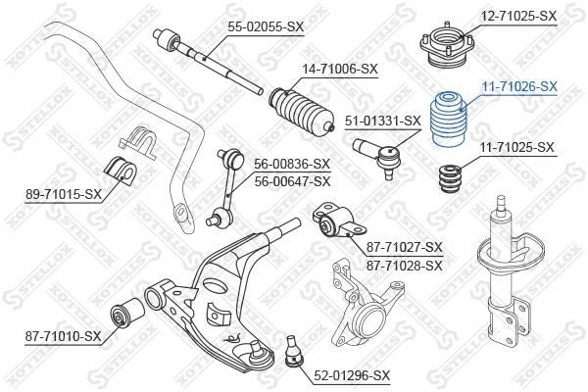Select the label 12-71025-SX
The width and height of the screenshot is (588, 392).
click(x=519, y=17)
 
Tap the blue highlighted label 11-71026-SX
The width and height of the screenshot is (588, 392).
click(x=519, y=86)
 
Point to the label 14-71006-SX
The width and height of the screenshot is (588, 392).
click(x=341, y=69)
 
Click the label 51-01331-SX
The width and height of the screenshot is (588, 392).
click(x=383, y=121)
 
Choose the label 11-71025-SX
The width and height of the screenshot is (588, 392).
click(x=517, y=147)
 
